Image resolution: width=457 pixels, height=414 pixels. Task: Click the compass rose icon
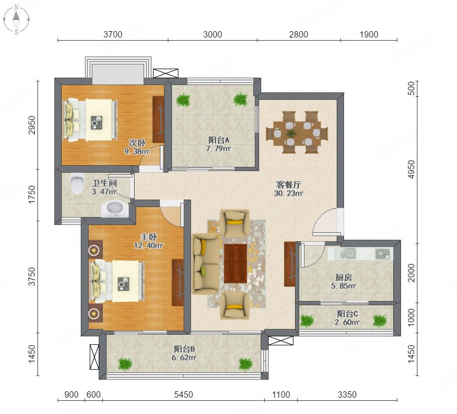(16, 19)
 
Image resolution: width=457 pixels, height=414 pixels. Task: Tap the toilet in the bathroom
(77, 184)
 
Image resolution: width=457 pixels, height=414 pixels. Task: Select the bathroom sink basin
(115, 209)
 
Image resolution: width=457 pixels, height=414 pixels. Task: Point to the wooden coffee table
(235, 264)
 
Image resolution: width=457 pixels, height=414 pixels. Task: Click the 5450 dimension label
(183, 394)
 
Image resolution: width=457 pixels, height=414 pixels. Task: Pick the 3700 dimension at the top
(113, 34)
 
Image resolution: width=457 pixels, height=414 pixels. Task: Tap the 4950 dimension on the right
(411, 170)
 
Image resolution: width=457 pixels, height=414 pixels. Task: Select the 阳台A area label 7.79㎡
(218, 149)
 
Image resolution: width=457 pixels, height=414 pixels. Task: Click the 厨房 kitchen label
(344, 277)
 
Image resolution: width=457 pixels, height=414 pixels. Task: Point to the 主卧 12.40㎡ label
(148, 241)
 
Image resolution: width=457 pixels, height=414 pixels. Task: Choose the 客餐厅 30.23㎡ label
(289, 189)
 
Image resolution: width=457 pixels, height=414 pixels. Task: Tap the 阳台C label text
(347, 314)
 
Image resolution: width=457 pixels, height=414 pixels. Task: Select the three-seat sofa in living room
(206, 264)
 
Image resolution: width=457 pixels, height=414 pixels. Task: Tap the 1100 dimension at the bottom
(281, 394)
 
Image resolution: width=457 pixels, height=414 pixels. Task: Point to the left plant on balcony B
(125, 364)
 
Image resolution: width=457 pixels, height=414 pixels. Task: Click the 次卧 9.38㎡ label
(137, 147)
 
